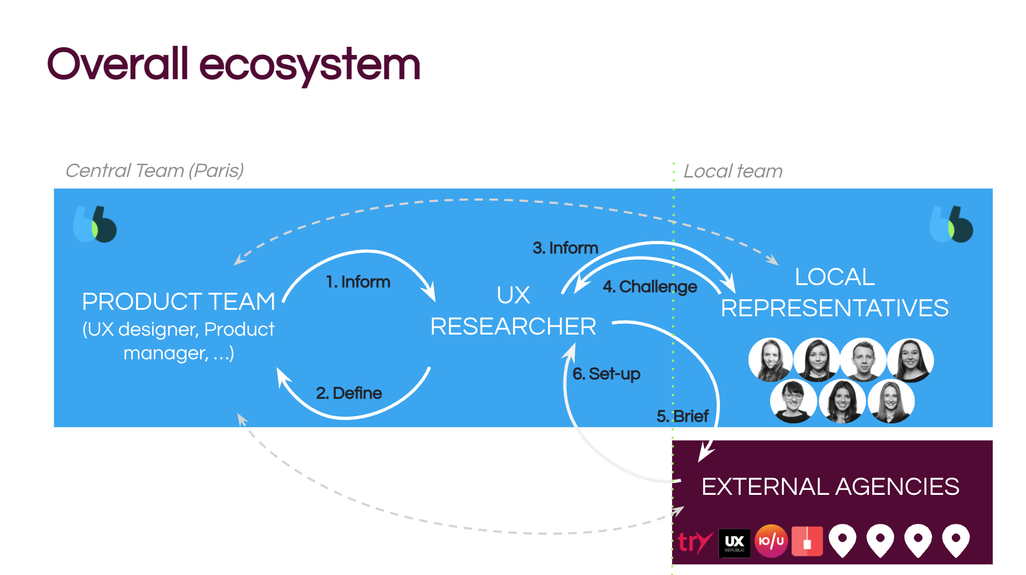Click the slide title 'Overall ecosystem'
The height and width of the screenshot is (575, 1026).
click(233, 65)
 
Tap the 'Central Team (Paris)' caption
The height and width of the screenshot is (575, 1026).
click(155, 171)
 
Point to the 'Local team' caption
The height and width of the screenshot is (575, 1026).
click(733, 171)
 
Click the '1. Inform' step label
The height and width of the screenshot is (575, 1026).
click(358, 282)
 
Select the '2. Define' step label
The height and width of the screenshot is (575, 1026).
click(349, 393)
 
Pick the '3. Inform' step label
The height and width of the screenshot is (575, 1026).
click(565, 248)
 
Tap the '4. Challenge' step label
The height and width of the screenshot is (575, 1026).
click(650, 287)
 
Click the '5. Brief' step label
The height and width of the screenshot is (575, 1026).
click(682, 416)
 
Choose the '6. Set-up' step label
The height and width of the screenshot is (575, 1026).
click(607, 374)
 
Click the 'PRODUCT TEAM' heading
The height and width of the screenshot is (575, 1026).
click(179, 302)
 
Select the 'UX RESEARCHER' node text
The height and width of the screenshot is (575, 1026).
click(513, 311)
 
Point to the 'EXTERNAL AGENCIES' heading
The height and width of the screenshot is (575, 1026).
click(830, 487)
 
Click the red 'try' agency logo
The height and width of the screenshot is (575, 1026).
click(695, 542)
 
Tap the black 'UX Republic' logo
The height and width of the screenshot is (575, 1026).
click(735, 542)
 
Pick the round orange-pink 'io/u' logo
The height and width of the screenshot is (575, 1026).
click(771, 541)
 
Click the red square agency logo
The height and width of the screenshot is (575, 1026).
click(807, 541)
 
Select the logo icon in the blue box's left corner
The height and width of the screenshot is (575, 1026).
click(95, 224)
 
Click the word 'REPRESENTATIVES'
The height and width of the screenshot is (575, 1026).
click(835, 308)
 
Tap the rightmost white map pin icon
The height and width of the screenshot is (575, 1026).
click(956, 540)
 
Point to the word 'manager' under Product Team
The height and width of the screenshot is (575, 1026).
click(165, 353)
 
